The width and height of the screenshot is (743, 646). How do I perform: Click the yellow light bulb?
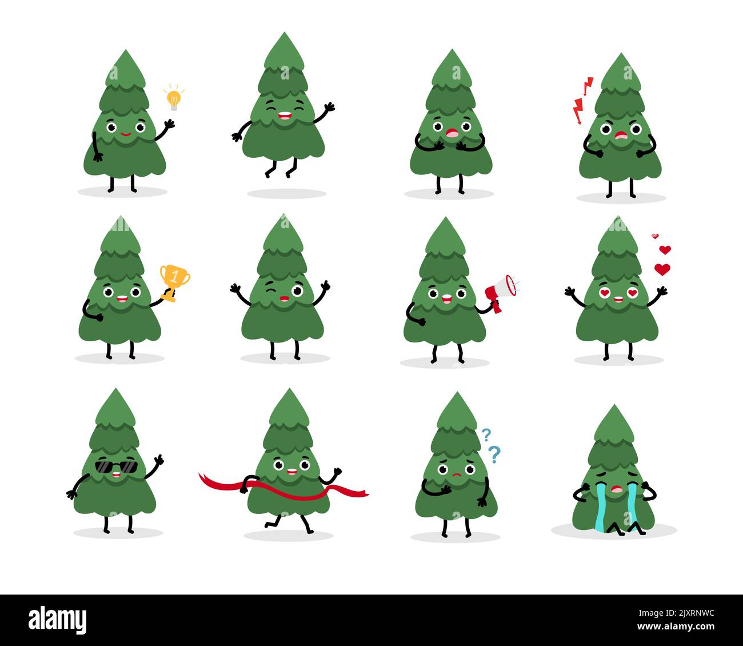(x=173, y=98)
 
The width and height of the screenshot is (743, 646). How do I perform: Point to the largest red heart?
(x=662, y=269)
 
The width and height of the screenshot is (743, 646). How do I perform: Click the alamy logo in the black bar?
(x=58, y=620)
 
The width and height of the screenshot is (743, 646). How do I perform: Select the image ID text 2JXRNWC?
(x=685, y=614)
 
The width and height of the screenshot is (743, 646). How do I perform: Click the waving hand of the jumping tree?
(x=328, y=107)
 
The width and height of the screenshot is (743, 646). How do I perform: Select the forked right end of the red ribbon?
(x=362, y=493)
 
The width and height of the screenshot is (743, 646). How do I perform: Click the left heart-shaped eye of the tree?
(x=604, y=293)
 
